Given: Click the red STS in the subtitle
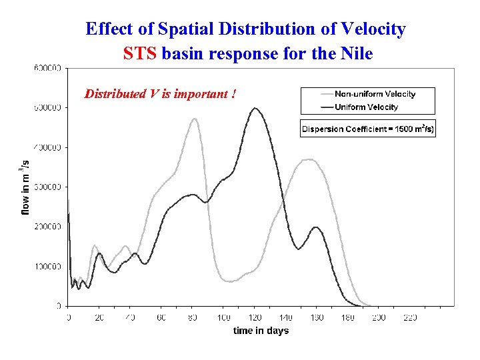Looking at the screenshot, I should click(x=139, y=53).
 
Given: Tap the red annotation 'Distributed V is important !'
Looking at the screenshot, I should click(x=160, y=93).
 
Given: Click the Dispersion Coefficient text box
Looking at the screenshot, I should click(x=368, y=129).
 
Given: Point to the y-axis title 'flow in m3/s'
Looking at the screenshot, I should click(x=25, y=187).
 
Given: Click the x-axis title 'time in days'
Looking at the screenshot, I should click(x=261, y=331).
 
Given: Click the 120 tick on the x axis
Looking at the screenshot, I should click(x=255, y=318).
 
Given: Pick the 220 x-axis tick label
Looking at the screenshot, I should click(x=410, y=318).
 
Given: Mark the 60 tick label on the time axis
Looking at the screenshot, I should click(x=161, y=318).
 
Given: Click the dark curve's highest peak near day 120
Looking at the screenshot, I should click(x=255, y=108).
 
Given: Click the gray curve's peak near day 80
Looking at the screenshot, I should click(x=194, y=119).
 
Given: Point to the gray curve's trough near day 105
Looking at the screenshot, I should click(x=230, y=281).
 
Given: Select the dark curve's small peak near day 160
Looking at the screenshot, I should click(x=316, y=227).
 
